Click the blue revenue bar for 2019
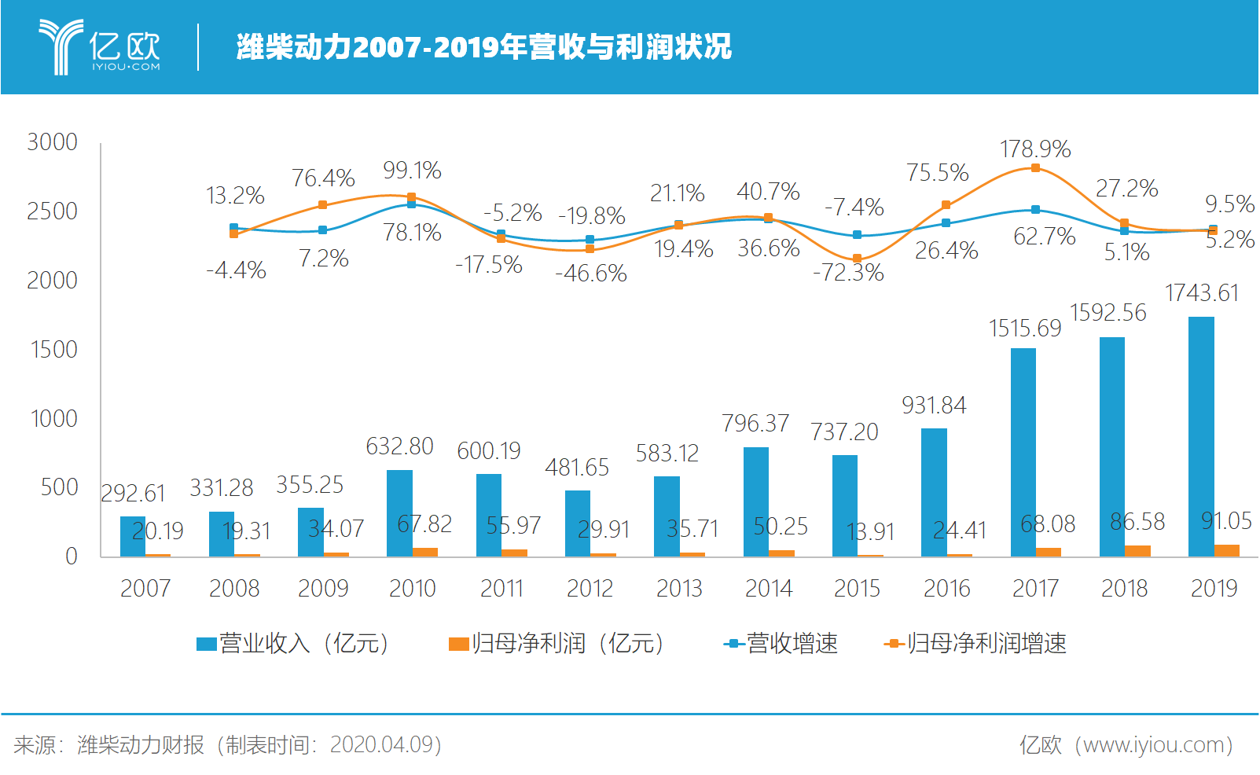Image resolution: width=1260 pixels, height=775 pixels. [x=1201, y=436]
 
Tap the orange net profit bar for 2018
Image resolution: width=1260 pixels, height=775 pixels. [x=1137, y=551]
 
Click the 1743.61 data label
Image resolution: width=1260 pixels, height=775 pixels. [x=1201, y=293]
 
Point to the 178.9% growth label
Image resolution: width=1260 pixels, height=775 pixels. [x=1035, y=149]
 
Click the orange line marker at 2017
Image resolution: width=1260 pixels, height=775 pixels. [x=1035, y=168]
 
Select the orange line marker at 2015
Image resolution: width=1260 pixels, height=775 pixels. [x=857, y=259]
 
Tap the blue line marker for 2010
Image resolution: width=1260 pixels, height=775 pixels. [x=411, y=204]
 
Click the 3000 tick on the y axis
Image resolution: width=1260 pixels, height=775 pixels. [x=52, y=142]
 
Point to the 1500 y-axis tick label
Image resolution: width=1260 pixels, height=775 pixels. [x=53, y=350]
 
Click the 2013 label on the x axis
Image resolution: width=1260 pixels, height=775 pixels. [x=679, y=588]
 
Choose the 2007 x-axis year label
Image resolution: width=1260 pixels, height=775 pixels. [x=145, y=588]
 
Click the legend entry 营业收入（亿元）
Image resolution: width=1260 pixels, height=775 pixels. [x=292, y=644]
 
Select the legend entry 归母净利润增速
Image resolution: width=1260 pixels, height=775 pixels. [x=975, y=644]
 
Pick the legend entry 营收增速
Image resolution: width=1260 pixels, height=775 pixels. [x=781, y=644]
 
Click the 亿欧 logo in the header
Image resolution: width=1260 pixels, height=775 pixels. [x=100, y=47]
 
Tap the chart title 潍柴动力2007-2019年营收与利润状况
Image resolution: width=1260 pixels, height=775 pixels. [x=483, y=47]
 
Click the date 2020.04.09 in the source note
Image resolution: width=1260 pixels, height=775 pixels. [x=380, y=744]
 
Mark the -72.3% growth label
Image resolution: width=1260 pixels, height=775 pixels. [x=848, y=274]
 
